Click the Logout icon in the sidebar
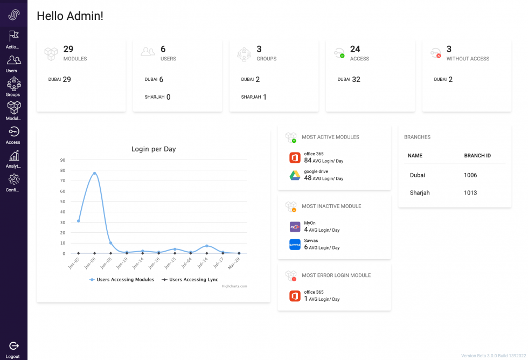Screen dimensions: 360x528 14,346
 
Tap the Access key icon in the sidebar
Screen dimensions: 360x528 14,132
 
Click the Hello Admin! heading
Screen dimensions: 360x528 70,16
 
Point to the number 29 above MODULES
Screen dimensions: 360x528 68,49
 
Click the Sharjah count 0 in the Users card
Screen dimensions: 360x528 168,97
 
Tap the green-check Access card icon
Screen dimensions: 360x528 339,53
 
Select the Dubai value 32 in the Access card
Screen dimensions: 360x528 356,79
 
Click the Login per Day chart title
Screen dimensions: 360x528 154,149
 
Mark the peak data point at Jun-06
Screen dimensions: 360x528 94,173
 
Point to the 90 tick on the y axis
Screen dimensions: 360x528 62,160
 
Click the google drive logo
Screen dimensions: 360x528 295,175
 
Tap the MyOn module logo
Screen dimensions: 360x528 295,227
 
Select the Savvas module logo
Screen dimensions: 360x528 295,245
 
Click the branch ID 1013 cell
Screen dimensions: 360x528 470,193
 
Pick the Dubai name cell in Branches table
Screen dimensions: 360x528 418,175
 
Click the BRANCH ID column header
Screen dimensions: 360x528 477,156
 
